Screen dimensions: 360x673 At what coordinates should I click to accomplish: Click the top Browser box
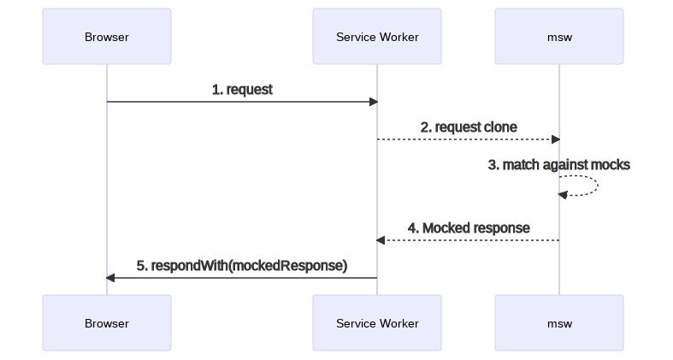pyautogui.click(x=107, y=37)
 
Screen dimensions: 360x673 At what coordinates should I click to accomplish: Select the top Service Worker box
pyautogui.click(x=377, y=37)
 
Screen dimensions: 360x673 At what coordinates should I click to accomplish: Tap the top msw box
pyautogui.click(x=559, y=37)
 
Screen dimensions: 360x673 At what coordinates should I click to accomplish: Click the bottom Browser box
pyautogui.click(x=107, y=323)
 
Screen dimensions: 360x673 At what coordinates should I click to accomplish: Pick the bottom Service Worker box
pyautogui.click(x=377, y=323)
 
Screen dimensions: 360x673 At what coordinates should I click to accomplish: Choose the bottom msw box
pyautogui.click(x=559, y=323)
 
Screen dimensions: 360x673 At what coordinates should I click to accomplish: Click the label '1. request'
pyautogui.click(x=242, y=89)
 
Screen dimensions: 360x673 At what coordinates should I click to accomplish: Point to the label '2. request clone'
pyautogui.click(x=469, y=127)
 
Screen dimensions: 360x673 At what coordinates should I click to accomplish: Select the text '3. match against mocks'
pyautogui.click(x=559, y=164)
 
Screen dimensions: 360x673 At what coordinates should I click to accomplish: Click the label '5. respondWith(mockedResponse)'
pyautogui.click(x=242, y=266)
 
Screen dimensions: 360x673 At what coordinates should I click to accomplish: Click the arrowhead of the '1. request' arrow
pyautogui.click(x=373, y=102)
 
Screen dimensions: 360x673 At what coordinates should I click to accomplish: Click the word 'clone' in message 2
pyautogui.click(x=500, y=127)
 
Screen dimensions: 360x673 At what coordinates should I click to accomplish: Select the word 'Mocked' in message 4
pyautogui.click(x=448, y=228)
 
